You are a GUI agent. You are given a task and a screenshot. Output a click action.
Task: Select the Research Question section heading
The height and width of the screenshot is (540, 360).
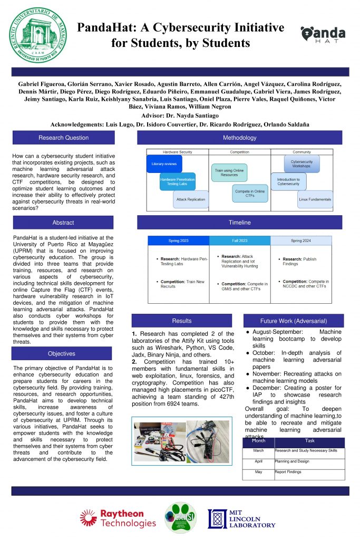click(x=63, y=138)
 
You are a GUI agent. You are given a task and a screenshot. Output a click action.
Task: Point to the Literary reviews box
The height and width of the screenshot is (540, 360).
click(x=164, y=164)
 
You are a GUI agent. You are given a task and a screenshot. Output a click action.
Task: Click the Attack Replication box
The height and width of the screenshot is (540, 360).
click(x=191, y=200)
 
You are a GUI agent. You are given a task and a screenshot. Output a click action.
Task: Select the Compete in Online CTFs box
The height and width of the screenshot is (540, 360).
click(x=249, y=193)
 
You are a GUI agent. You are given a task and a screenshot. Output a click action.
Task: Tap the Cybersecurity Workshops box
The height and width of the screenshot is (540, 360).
click(x=301, y=164)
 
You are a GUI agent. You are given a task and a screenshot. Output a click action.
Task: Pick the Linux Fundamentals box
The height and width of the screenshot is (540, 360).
click(x=315, y=200)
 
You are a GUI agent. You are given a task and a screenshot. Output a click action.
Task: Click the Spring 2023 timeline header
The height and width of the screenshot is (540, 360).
click(x=178, y=240)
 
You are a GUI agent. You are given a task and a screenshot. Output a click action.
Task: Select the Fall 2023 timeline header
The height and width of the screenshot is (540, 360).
click(x=240, y=240)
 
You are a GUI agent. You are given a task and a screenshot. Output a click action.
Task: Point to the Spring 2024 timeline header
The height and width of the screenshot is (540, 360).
click(x=301, y=240)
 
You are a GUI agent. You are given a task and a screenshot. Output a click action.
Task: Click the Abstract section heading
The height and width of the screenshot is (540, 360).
click(x=63, y=223)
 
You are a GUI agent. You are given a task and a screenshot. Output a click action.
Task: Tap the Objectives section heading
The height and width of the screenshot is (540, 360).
click(x=62, y=354)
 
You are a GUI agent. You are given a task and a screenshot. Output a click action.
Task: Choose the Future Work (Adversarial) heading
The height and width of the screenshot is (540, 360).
click(x=294, y=321)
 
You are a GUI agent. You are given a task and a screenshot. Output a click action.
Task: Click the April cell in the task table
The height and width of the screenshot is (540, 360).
click(x=258, y=461)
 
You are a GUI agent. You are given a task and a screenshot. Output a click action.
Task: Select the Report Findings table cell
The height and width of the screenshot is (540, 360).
click(x=309, y=472)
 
